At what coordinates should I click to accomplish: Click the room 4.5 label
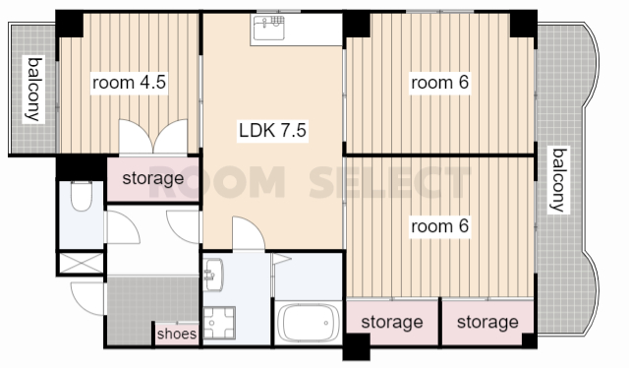point(129,83)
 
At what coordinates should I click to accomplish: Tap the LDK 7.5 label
point(273,130)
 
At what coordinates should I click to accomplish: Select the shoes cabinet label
point(177,334)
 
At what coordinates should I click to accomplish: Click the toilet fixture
point(82,196)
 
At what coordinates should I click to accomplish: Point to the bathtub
point(308,323)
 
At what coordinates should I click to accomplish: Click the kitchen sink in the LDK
point(269,28)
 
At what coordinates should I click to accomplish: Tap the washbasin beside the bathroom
point(213,275)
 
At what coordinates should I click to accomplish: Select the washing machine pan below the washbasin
point(219,323)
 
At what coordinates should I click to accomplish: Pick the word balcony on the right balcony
point(559,180)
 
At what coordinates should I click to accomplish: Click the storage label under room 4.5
point(153,178)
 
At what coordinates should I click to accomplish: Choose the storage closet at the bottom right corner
point(487,322)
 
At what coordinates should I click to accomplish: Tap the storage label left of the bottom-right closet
point(392,322)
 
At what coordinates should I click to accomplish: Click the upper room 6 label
point(439,83)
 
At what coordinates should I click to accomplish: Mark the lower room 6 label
point(439,226)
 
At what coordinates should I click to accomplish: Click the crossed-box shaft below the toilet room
point(81,264)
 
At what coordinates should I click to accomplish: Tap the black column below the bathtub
point(357,346)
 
